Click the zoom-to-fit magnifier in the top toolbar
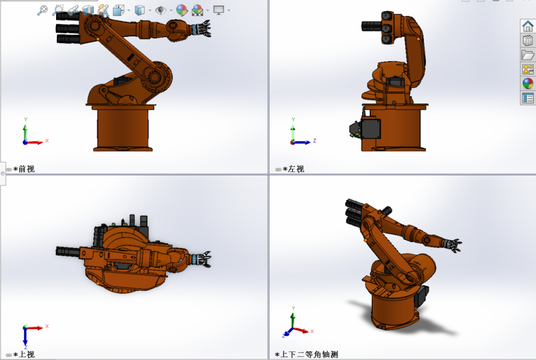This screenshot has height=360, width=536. click(x=42, y=10)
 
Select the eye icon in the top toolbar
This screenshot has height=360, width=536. click(x=160, y=10)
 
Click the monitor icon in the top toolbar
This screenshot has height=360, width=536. click(x=218, y=10)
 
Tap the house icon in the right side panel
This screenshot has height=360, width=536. click(x=528, y=26)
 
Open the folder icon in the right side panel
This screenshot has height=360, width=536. click(x=528, y=55)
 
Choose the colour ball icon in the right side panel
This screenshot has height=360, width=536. click(x=528, y=83)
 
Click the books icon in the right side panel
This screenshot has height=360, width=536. click(x=528, y=40)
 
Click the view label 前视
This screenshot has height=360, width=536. click(x=26, y=169)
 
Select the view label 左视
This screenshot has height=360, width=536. click(x=296, y=169)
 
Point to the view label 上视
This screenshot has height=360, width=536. click(x=26, y=355)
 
